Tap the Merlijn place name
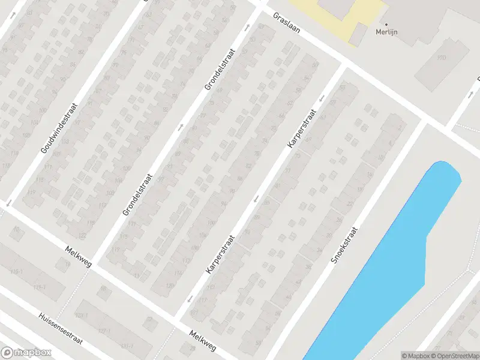pos(387,32)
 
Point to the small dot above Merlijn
pos(386,25)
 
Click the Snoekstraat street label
pos(344,245)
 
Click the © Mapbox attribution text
pos(416,356)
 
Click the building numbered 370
pos(442,58)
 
